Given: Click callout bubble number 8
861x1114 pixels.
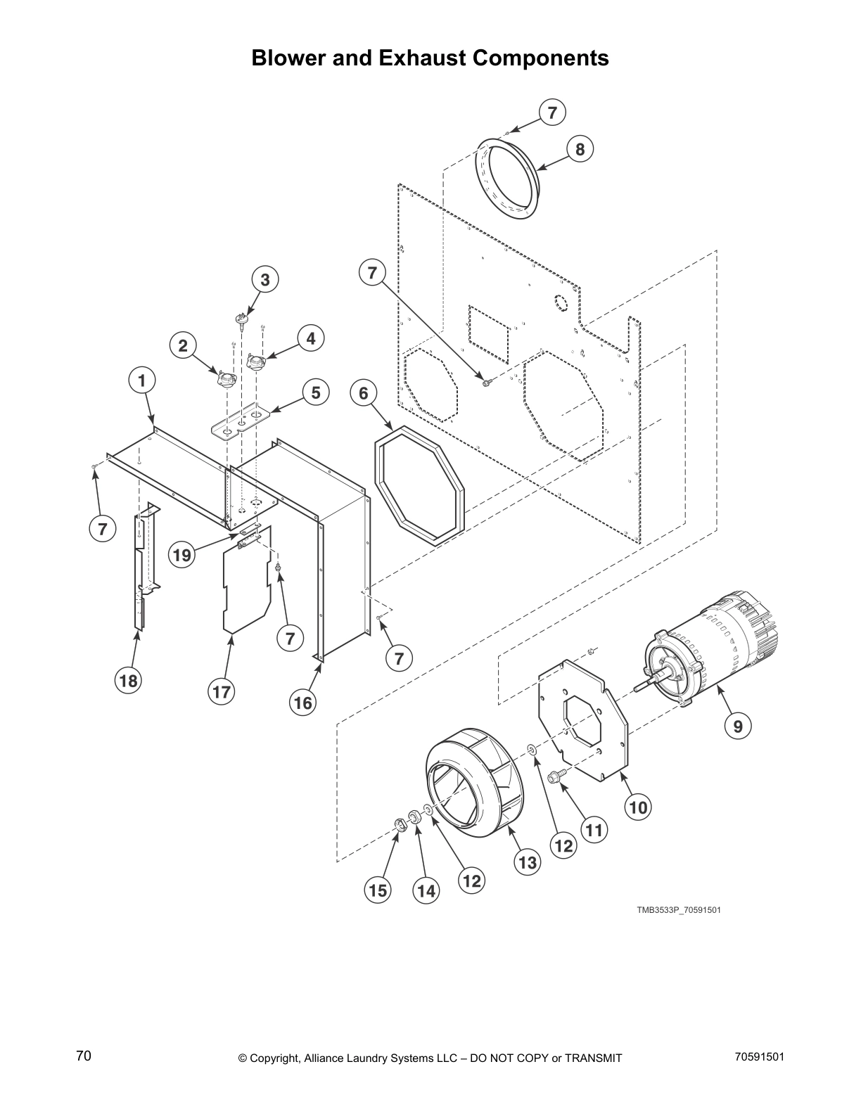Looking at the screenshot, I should point(580,149).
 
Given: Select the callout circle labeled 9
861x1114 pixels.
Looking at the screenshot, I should point(738,725).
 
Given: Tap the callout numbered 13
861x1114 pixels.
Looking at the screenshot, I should point(527,862).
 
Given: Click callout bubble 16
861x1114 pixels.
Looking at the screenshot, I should point(303,703).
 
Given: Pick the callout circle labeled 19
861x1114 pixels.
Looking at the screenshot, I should point(182,556).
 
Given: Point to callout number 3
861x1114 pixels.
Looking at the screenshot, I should point(265,280).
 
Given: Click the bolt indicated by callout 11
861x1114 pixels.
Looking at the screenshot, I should point(556,775).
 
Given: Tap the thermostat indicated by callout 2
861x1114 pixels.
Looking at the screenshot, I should point(227,380).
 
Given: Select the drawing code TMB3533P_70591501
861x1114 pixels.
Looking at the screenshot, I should point(678,910).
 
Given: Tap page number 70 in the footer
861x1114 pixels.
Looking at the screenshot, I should point(84,1056).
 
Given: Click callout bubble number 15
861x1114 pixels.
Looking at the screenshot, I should point(377,891).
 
